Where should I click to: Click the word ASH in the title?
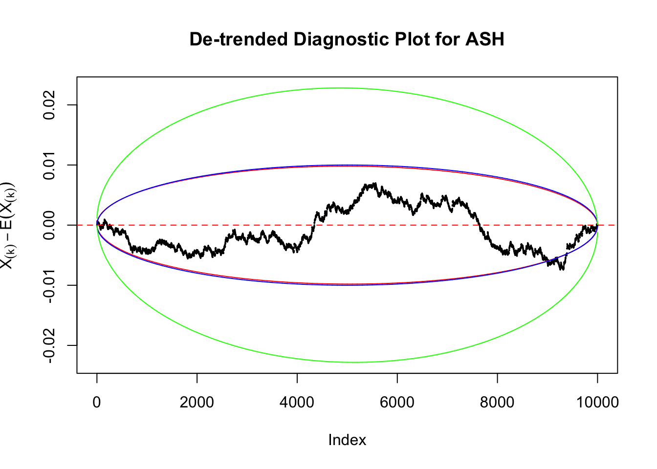click(x=485, y=39)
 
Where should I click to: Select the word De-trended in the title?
click(x=238, y=39)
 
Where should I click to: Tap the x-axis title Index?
click(x=347, y=440)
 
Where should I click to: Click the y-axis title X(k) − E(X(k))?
click(x=8, y=225)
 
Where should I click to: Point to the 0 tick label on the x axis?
click(x=97, y=402)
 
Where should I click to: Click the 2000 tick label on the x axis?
click(x=197, y=402)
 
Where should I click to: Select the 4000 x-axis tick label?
click(x=297, y=402)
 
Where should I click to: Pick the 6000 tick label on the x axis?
click(x=397, y=402)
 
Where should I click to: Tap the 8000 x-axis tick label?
click(x=497, y=402)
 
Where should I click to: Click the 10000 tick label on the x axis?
click(x=597, y=402)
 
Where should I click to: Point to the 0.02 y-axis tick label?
click(x=49, y=105)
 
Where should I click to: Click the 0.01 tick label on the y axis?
click(x=49, y=165)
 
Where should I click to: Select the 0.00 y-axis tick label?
click(x=49, y=225)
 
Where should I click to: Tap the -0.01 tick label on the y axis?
click(x=49, y=285)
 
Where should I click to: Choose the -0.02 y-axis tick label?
click(x=49, y=345)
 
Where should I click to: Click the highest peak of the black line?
click(x=374, y=183)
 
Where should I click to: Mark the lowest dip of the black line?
click(x=563, y=269)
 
